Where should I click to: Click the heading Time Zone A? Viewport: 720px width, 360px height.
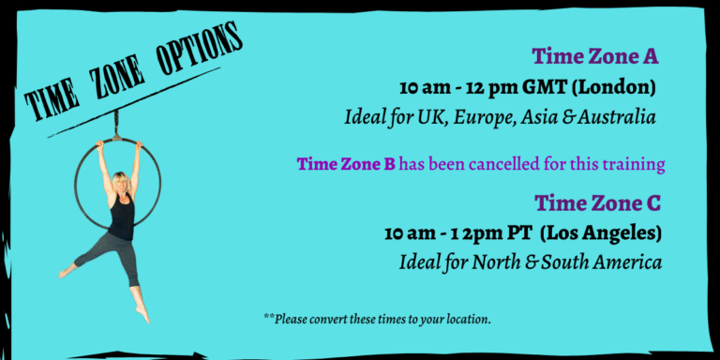coord(595,56)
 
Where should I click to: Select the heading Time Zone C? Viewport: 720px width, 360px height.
coord(597,202)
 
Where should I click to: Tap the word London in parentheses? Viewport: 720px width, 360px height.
coord(613,88)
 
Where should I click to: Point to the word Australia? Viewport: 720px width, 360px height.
coord(617,117)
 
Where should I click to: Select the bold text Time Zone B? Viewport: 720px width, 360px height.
coord(346,164)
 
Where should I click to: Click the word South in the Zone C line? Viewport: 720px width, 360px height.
coord(564,262)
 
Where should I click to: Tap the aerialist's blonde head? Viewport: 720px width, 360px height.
coord(121,182)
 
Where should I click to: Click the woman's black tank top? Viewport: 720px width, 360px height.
coord(122,217)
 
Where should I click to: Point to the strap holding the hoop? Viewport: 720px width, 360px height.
coord(116,125)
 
